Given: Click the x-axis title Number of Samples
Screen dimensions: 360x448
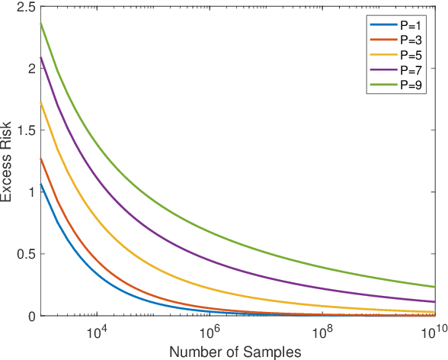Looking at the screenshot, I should pos(235,352).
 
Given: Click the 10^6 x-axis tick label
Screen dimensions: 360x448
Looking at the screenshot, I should pos(208,332).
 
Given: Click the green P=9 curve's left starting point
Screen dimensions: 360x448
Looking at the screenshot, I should pos(40,23).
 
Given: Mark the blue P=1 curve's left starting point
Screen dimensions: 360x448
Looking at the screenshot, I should pos(40,184).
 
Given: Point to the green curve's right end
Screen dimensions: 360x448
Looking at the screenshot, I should pos(434,287).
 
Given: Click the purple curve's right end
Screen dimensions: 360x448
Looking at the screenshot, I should pos(434,302).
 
